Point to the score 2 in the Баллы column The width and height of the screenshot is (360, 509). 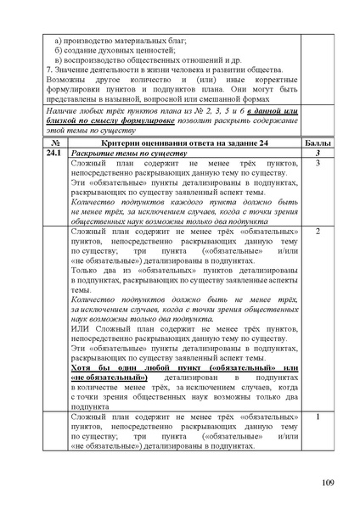tap(316, 232)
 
